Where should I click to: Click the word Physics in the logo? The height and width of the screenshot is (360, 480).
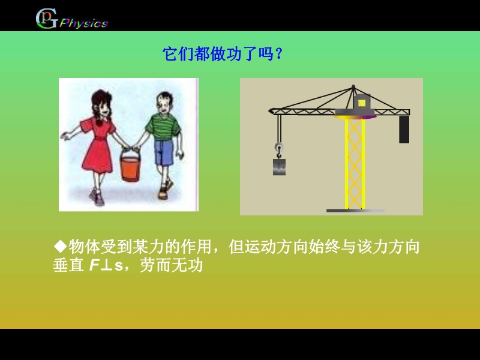coord(83,23)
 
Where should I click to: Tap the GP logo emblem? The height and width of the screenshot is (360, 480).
coord(47,19)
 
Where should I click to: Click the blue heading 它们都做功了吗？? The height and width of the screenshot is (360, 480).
coord(223,54)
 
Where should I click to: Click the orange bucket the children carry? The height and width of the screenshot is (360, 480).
coord(130,166)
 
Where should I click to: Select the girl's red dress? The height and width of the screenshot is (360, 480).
coord(97,144)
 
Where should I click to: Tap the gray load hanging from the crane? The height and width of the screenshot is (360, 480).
coord(279,167)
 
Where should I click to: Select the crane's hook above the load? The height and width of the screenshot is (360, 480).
coord(279,151)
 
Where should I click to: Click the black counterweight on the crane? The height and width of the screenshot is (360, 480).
coord(404,130)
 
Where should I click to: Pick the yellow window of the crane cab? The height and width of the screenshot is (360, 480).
coord(362,103)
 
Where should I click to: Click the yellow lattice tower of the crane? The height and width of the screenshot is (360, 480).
coord(355,163)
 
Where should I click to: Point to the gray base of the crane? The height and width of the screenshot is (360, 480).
coord(355,211)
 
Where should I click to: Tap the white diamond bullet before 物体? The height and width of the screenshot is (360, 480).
coord(61,246)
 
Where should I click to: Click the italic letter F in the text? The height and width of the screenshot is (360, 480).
coord(94,265)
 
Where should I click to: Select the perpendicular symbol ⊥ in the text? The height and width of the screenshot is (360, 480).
coord(106,266)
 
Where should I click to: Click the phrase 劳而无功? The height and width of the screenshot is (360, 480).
coord(171,265)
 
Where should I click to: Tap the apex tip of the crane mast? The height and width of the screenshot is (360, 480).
coord(353,86)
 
